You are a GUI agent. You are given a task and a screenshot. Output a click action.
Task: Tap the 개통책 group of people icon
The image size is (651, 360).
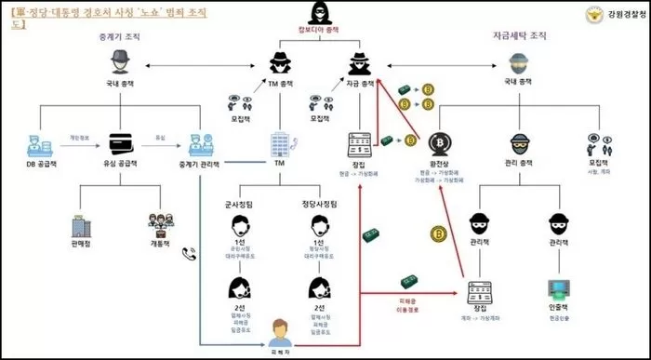[x=161, y=226]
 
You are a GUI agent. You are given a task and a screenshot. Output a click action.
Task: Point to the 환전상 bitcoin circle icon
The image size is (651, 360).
[x=440, y=144]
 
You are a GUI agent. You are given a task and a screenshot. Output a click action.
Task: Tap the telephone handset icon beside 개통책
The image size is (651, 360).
[x=190, y=252]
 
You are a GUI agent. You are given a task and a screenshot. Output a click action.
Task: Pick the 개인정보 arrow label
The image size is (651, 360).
[x=81, y=137]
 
